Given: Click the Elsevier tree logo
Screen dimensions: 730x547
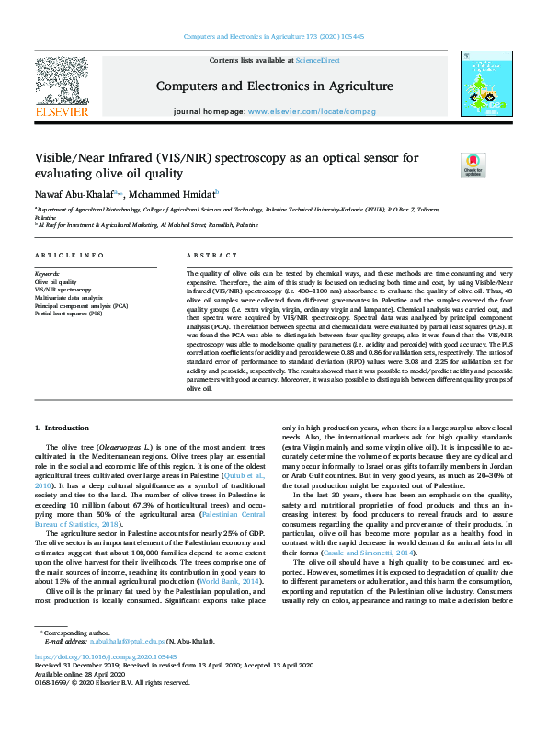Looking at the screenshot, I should tap(61, 80).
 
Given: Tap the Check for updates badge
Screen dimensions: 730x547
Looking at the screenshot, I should tap(473, 165).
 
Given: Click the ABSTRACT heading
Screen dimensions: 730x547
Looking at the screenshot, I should tap(206, 254).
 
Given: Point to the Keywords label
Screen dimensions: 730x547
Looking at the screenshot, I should tap(46, 274).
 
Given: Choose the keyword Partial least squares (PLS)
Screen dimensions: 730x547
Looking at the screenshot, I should tap(69, 313).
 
